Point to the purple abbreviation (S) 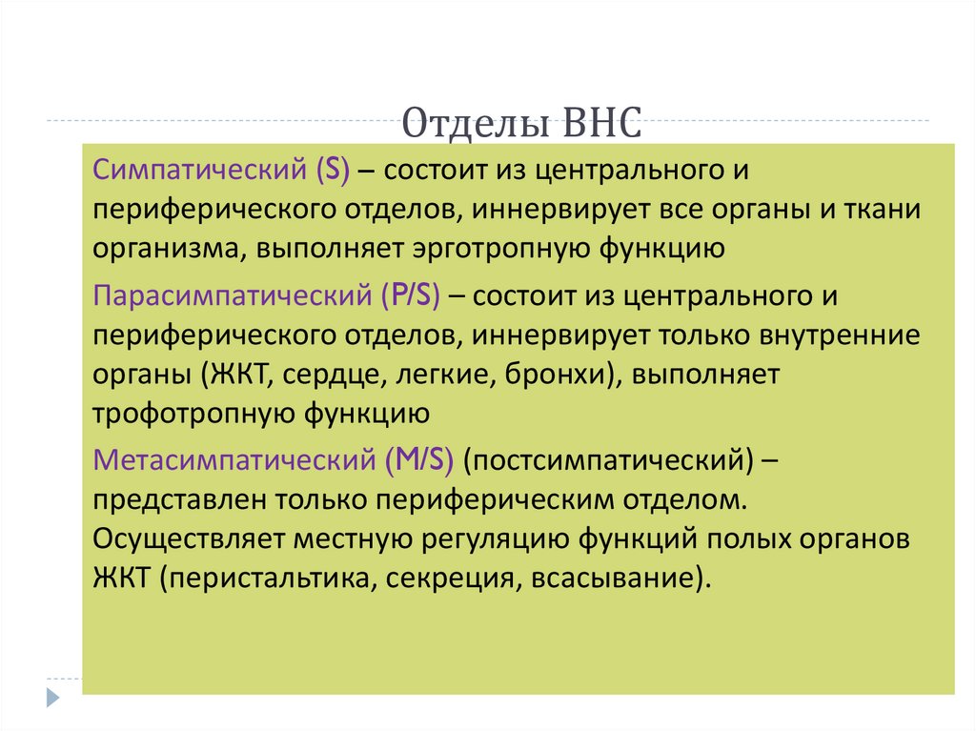[329, 172]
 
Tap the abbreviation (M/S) [419, 460]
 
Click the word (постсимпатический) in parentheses [608, 460]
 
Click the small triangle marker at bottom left [53, 697]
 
